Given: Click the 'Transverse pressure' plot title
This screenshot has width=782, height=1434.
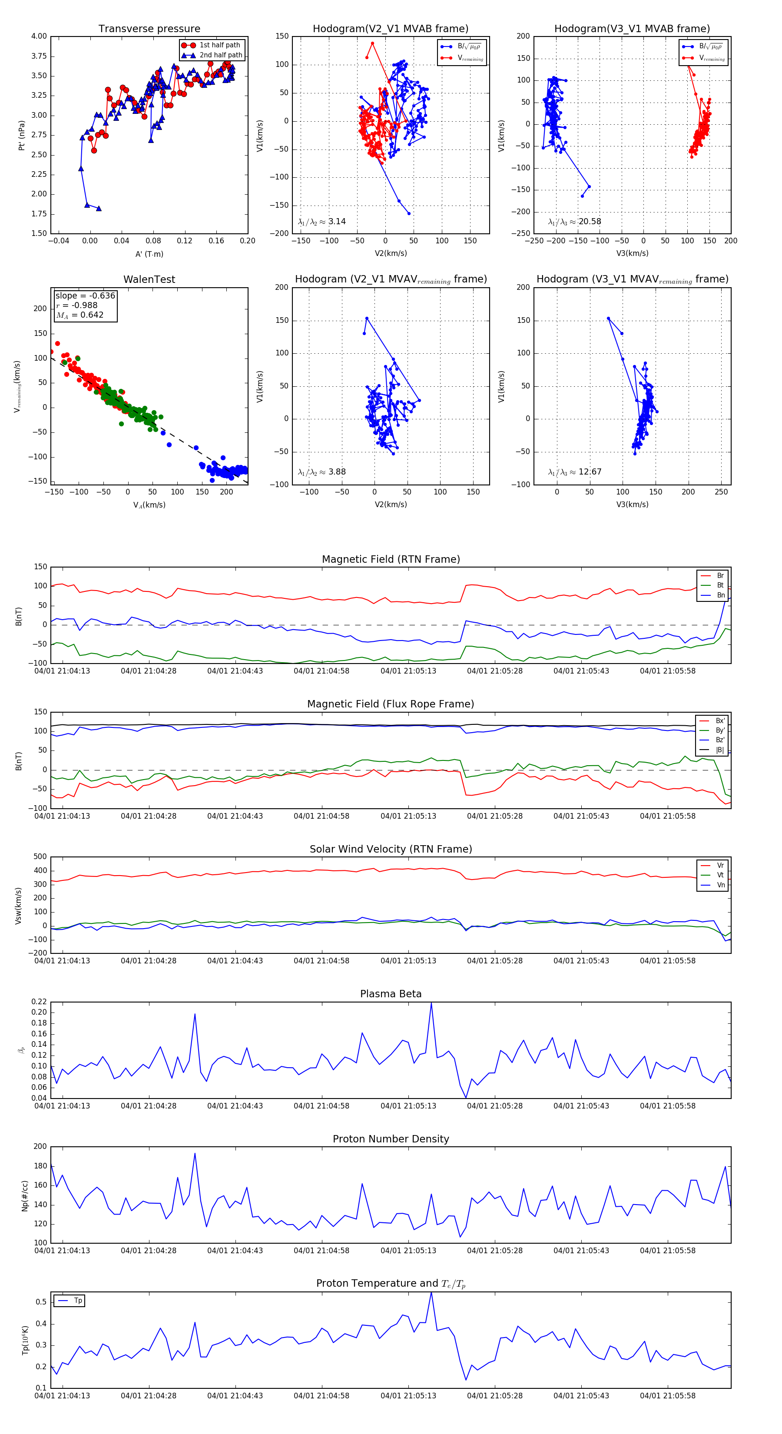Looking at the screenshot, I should point(149,29).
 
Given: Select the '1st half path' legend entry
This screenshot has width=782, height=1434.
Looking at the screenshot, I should point(219,45).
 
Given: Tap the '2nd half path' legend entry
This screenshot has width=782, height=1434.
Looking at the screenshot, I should point(220,55).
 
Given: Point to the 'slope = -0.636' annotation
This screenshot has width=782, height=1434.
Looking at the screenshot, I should point(85,295).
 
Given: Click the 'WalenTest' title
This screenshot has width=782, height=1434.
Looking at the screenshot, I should point(149,279).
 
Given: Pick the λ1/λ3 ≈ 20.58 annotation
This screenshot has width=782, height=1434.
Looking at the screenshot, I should point(574,222).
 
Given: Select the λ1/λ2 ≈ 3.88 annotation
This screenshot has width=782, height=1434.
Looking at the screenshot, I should point(321,472).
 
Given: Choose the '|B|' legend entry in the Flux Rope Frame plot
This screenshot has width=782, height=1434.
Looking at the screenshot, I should point(719,750).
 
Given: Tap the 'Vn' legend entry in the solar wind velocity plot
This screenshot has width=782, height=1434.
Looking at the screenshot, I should point(720,885).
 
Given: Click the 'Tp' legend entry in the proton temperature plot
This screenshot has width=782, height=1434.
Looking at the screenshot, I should point(77,1301).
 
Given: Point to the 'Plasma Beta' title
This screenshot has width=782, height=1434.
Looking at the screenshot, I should point(391,994).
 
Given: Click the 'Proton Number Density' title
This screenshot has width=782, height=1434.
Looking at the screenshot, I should point(391,1139).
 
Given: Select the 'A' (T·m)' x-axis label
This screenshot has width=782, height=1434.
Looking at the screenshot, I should point(149,254).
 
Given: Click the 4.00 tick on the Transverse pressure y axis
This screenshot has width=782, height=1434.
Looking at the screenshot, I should point(39,36).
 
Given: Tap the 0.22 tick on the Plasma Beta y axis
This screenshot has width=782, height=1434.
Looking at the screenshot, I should point(39,1002).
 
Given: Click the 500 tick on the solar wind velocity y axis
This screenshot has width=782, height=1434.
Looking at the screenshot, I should point(40,857).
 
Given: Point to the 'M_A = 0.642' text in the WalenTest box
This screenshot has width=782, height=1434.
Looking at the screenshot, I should point(80,315).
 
